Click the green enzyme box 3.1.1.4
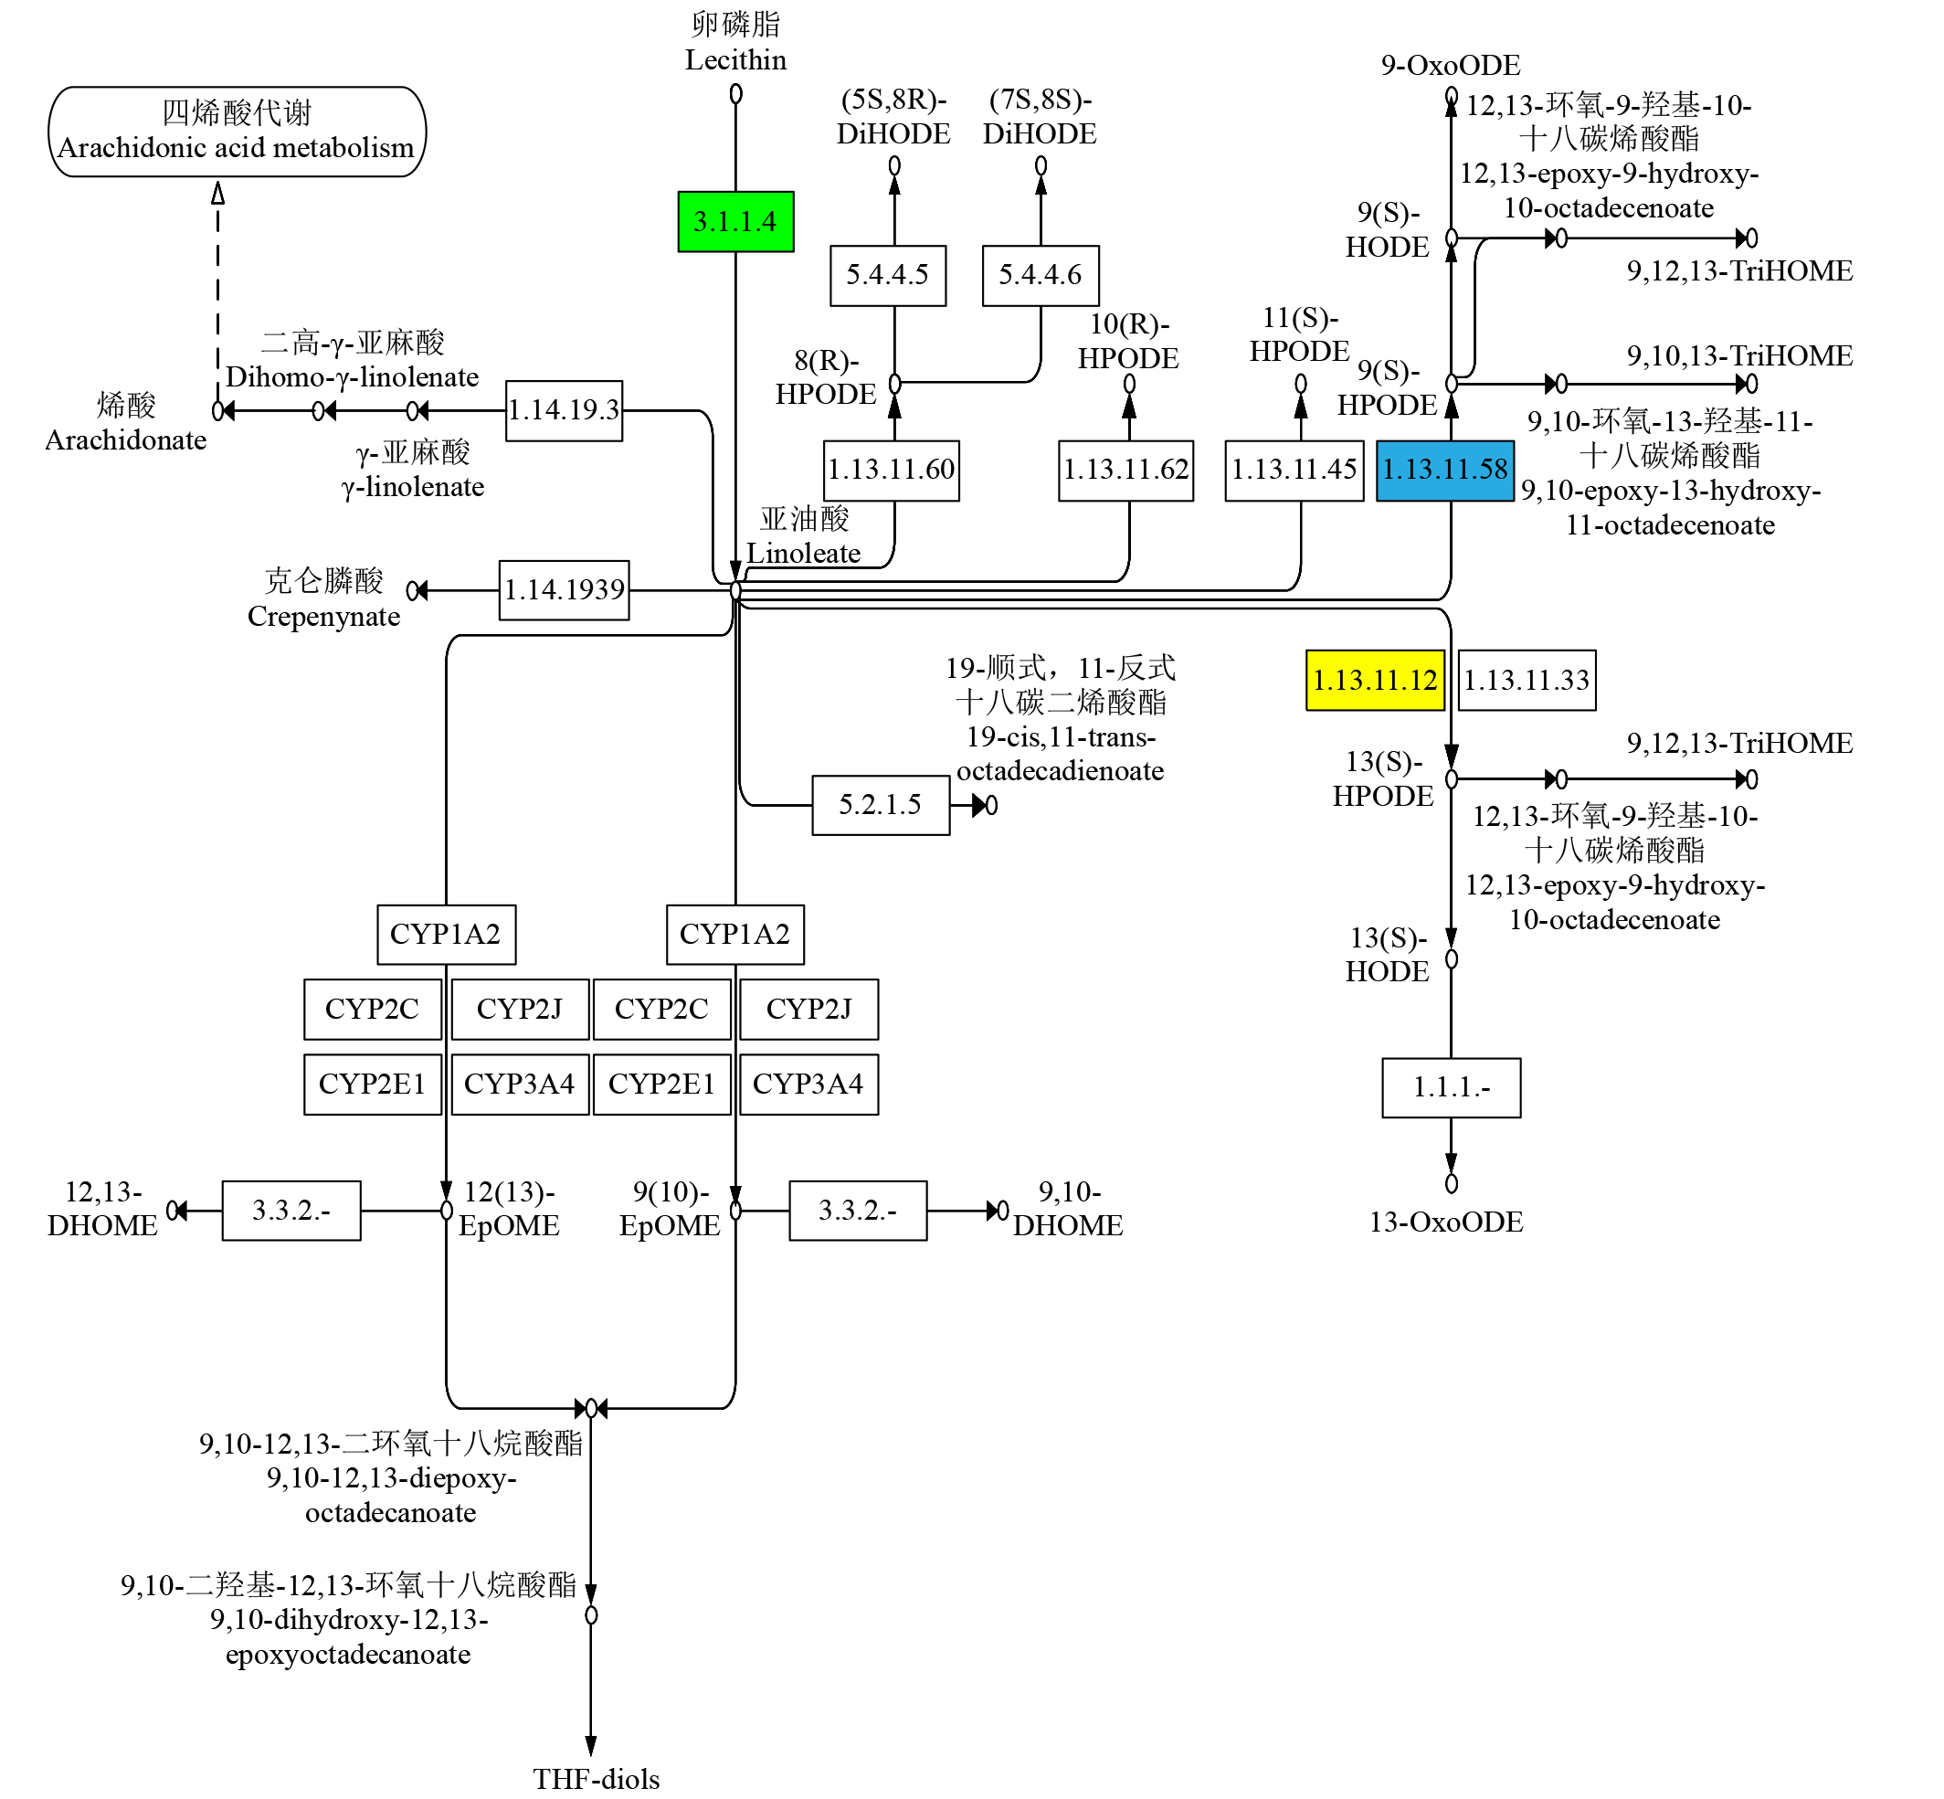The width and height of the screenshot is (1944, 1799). [735, 222]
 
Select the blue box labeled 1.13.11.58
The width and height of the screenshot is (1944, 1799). [1443, 471]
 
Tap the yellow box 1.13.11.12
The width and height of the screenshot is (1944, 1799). [1374, 680]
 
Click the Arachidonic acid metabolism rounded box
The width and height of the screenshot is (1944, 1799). [237, 132]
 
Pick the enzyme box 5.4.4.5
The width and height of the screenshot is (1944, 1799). [887, 276]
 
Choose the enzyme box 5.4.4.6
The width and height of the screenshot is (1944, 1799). [1040, 276]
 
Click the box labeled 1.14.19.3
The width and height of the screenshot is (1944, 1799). [564, 410]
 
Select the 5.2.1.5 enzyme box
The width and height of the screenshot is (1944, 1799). [880, 805]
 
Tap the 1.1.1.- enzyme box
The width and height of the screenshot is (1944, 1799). [1451, 1087]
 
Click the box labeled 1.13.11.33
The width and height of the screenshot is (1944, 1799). [1527, 680]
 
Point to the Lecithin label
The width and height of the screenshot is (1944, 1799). [735, 59]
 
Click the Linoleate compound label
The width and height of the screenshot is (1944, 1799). [803, 553]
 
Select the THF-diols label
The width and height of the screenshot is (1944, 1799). [596, 1779]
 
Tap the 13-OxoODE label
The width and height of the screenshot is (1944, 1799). [1445, 1222]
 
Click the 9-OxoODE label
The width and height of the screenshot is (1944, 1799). [1450, 65]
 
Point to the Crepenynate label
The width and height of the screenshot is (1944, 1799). [323, 616]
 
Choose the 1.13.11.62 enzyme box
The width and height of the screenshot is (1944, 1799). [1125, 471]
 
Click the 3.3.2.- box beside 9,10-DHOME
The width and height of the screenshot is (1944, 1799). [857, 1210]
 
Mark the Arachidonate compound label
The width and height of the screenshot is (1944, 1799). [125, 440]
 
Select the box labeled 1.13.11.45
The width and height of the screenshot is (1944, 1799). [1293, 471]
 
